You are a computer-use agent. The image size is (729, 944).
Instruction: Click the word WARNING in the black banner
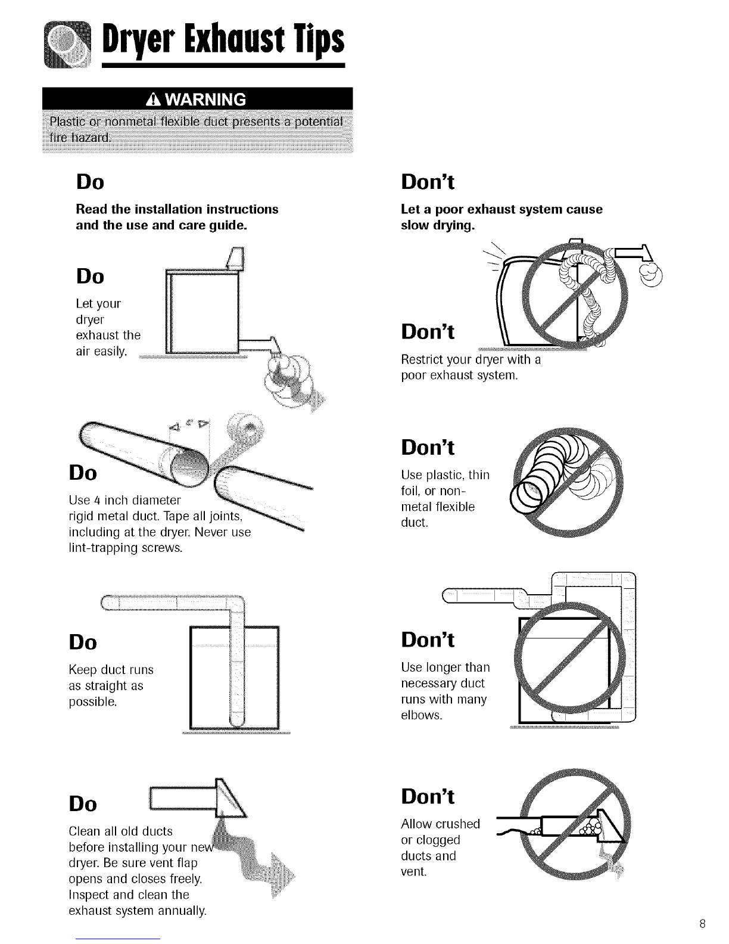point(205,100)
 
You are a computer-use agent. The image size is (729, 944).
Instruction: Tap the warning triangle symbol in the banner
point(154,100)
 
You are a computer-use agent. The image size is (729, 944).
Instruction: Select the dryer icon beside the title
point(68,45)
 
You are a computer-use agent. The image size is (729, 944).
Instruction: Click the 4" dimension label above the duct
point(189,424)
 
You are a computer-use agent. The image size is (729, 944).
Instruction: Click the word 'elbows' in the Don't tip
point(421,715)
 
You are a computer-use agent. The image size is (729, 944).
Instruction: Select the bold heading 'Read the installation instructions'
point(177,209)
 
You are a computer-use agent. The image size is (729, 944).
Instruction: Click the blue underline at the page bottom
point(118,939)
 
